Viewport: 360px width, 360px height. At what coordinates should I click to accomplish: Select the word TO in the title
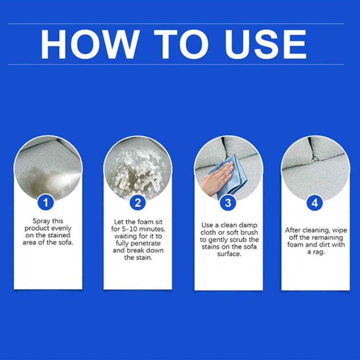[181, 44]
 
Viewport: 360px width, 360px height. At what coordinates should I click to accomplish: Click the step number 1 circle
[46, 203]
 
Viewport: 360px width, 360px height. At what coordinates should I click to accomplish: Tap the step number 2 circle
[138, 203]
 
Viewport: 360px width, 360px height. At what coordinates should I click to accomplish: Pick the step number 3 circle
[228, 203]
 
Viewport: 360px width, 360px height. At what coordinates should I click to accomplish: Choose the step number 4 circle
[315, 203]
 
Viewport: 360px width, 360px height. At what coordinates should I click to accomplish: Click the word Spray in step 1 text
[41, 221]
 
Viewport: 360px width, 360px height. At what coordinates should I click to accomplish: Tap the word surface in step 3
[229, 254]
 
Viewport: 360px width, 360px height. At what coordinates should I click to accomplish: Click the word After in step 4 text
[293, 230]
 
